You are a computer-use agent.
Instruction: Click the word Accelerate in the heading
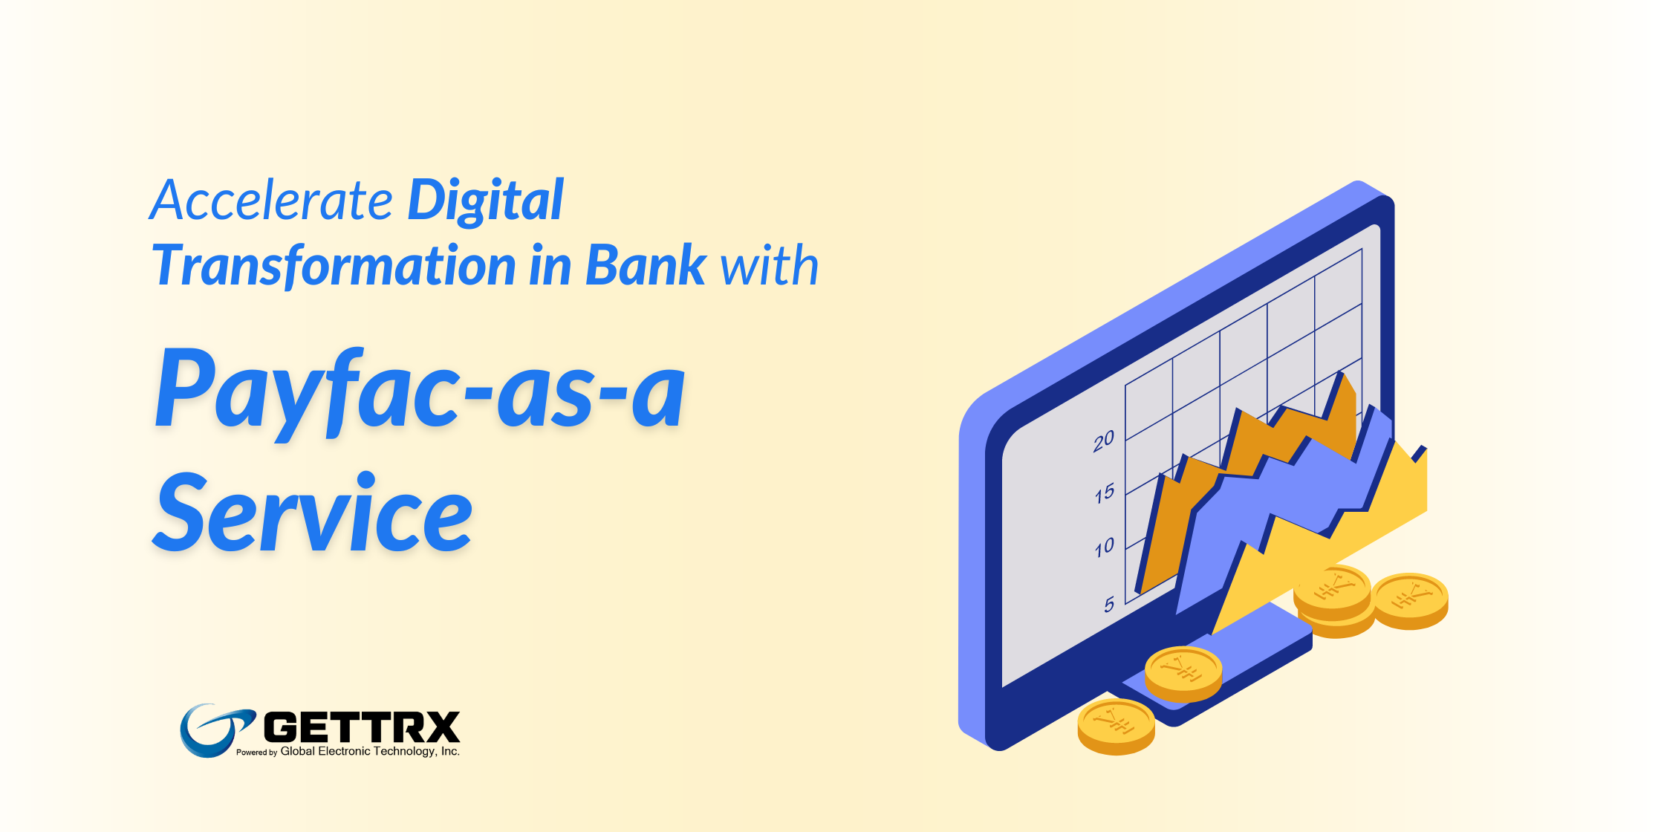coord(271,201)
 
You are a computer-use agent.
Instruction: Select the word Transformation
coord(334,266)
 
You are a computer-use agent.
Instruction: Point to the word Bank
coord(646,265)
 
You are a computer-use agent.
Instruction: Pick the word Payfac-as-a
coord(420,392)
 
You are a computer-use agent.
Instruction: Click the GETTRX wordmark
coord(362,727)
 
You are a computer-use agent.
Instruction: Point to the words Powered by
coord(256,753)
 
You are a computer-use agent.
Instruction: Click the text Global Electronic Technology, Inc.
coord(370,751)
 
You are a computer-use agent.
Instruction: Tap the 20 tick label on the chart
coord(1104,441)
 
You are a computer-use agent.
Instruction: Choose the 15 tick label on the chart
coord(1105,493)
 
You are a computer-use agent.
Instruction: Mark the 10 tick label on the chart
coord(1105,547)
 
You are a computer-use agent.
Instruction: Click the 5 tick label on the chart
coord(1109,605)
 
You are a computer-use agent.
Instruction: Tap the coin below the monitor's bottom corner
coord(1116,727)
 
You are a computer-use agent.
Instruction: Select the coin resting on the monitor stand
coord(1183,674)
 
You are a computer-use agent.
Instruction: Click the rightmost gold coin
coord(1409,601)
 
